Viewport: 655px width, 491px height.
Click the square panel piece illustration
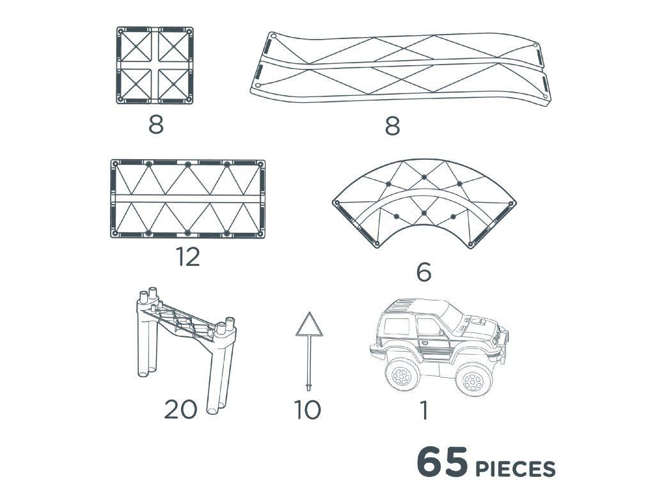point(155,65)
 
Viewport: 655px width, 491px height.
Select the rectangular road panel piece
point(188,199)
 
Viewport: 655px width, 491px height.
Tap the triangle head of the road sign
point(309,324)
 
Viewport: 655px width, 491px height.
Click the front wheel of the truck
point(474,378)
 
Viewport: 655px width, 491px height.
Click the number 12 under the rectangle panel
point(188,257)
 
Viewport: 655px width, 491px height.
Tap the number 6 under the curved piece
point(423,272)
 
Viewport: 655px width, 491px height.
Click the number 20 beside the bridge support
point(180,409)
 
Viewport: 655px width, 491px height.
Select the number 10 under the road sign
point(308,410)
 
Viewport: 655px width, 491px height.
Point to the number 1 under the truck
point(425,410)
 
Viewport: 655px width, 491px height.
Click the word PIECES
point(516,469)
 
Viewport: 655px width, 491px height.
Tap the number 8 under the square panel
point(156,124)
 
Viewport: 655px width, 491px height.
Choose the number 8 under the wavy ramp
point(392,126)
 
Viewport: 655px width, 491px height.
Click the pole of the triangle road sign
point(309,363)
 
